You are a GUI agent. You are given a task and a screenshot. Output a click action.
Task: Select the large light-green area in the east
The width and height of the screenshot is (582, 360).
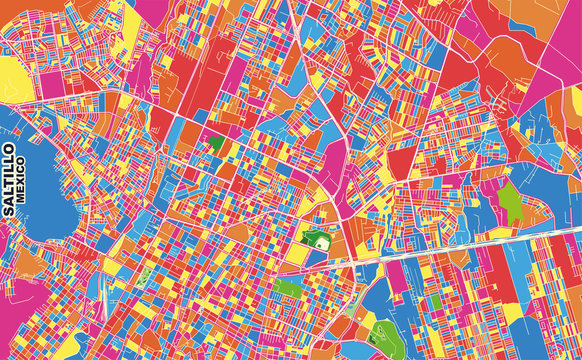coord(511,202)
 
